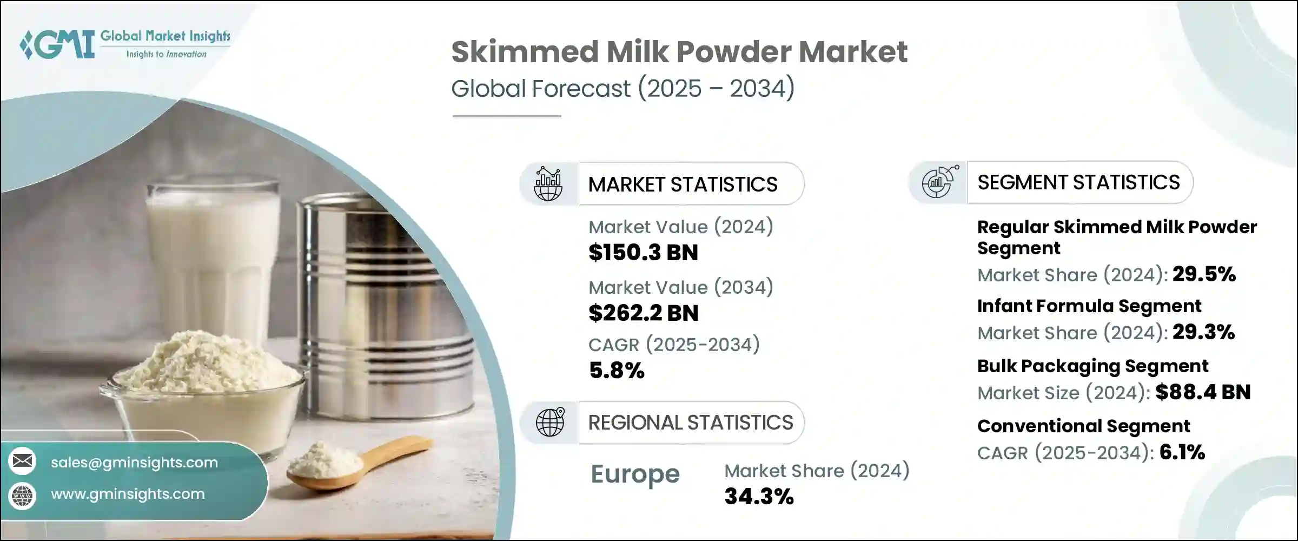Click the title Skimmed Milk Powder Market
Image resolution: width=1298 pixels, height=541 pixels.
679,52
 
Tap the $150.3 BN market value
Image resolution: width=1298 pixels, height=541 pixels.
643,253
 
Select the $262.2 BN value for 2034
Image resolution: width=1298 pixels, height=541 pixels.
644,313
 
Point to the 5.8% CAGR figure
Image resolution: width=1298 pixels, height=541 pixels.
617,371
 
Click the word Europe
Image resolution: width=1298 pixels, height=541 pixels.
635,474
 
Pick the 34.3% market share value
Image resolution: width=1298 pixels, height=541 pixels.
759,496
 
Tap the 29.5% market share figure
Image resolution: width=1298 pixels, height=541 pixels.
1204,274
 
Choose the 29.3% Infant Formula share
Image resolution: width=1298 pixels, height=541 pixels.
1203,332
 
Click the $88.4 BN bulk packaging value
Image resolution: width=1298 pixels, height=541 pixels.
1203,392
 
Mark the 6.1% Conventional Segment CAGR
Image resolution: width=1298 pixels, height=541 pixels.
1182,452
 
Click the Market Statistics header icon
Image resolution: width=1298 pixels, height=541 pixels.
548,184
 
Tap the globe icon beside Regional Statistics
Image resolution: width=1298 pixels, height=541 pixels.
550,422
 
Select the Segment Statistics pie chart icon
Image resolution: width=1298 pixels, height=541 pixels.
940,182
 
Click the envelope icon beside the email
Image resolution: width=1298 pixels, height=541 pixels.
22,461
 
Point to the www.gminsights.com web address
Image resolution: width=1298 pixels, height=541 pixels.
128,494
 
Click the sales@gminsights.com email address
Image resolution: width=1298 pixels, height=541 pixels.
134,463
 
